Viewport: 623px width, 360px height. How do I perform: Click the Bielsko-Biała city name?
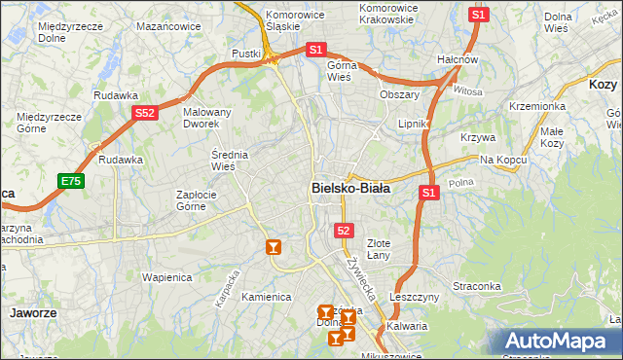point(350,189)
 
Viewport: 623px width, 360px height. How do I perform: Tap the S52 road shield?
point(144,114)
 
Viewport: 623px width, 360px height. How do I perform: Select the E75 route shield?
point(70,181)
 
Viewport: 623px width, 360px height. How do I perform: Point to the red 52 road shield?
point(343,230)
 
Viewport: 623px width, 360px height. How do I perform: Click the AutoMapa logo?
point(556,341)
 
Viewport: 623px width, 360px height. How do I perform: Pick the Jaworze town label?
point(32,313)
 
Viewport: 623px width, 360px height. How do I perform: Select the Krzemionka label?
point(536,106)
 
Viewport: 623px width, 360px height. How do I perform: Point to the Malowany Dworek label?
point(207,118)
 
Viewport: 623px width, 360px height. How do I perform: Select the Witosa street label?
point(467,90)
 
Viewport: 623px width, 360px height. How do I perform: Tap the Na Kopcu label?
point(502,159)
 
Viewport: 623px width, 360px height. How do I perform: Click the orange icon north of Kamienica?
point(274,247)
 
